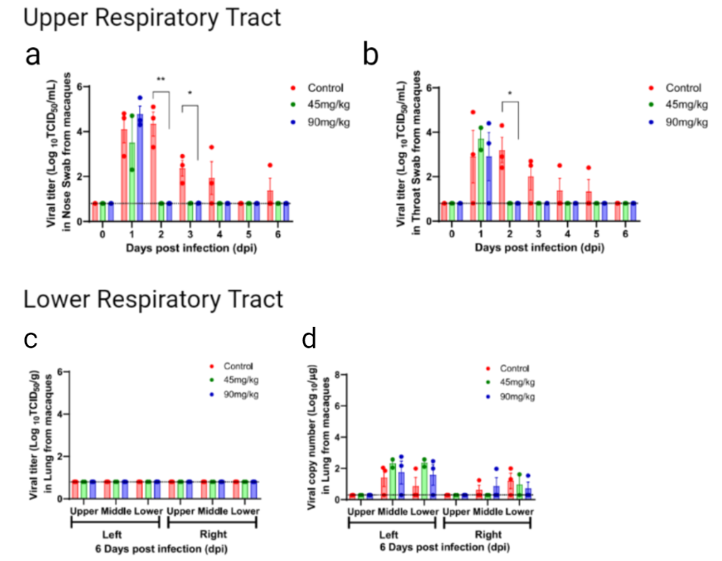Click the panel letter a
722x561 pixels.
(33, 55)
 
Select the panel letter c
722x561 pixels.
(31, 338)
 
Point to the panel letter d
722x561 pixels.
(310, 338)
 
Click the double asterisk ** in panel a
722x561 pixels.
(161, 80)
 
